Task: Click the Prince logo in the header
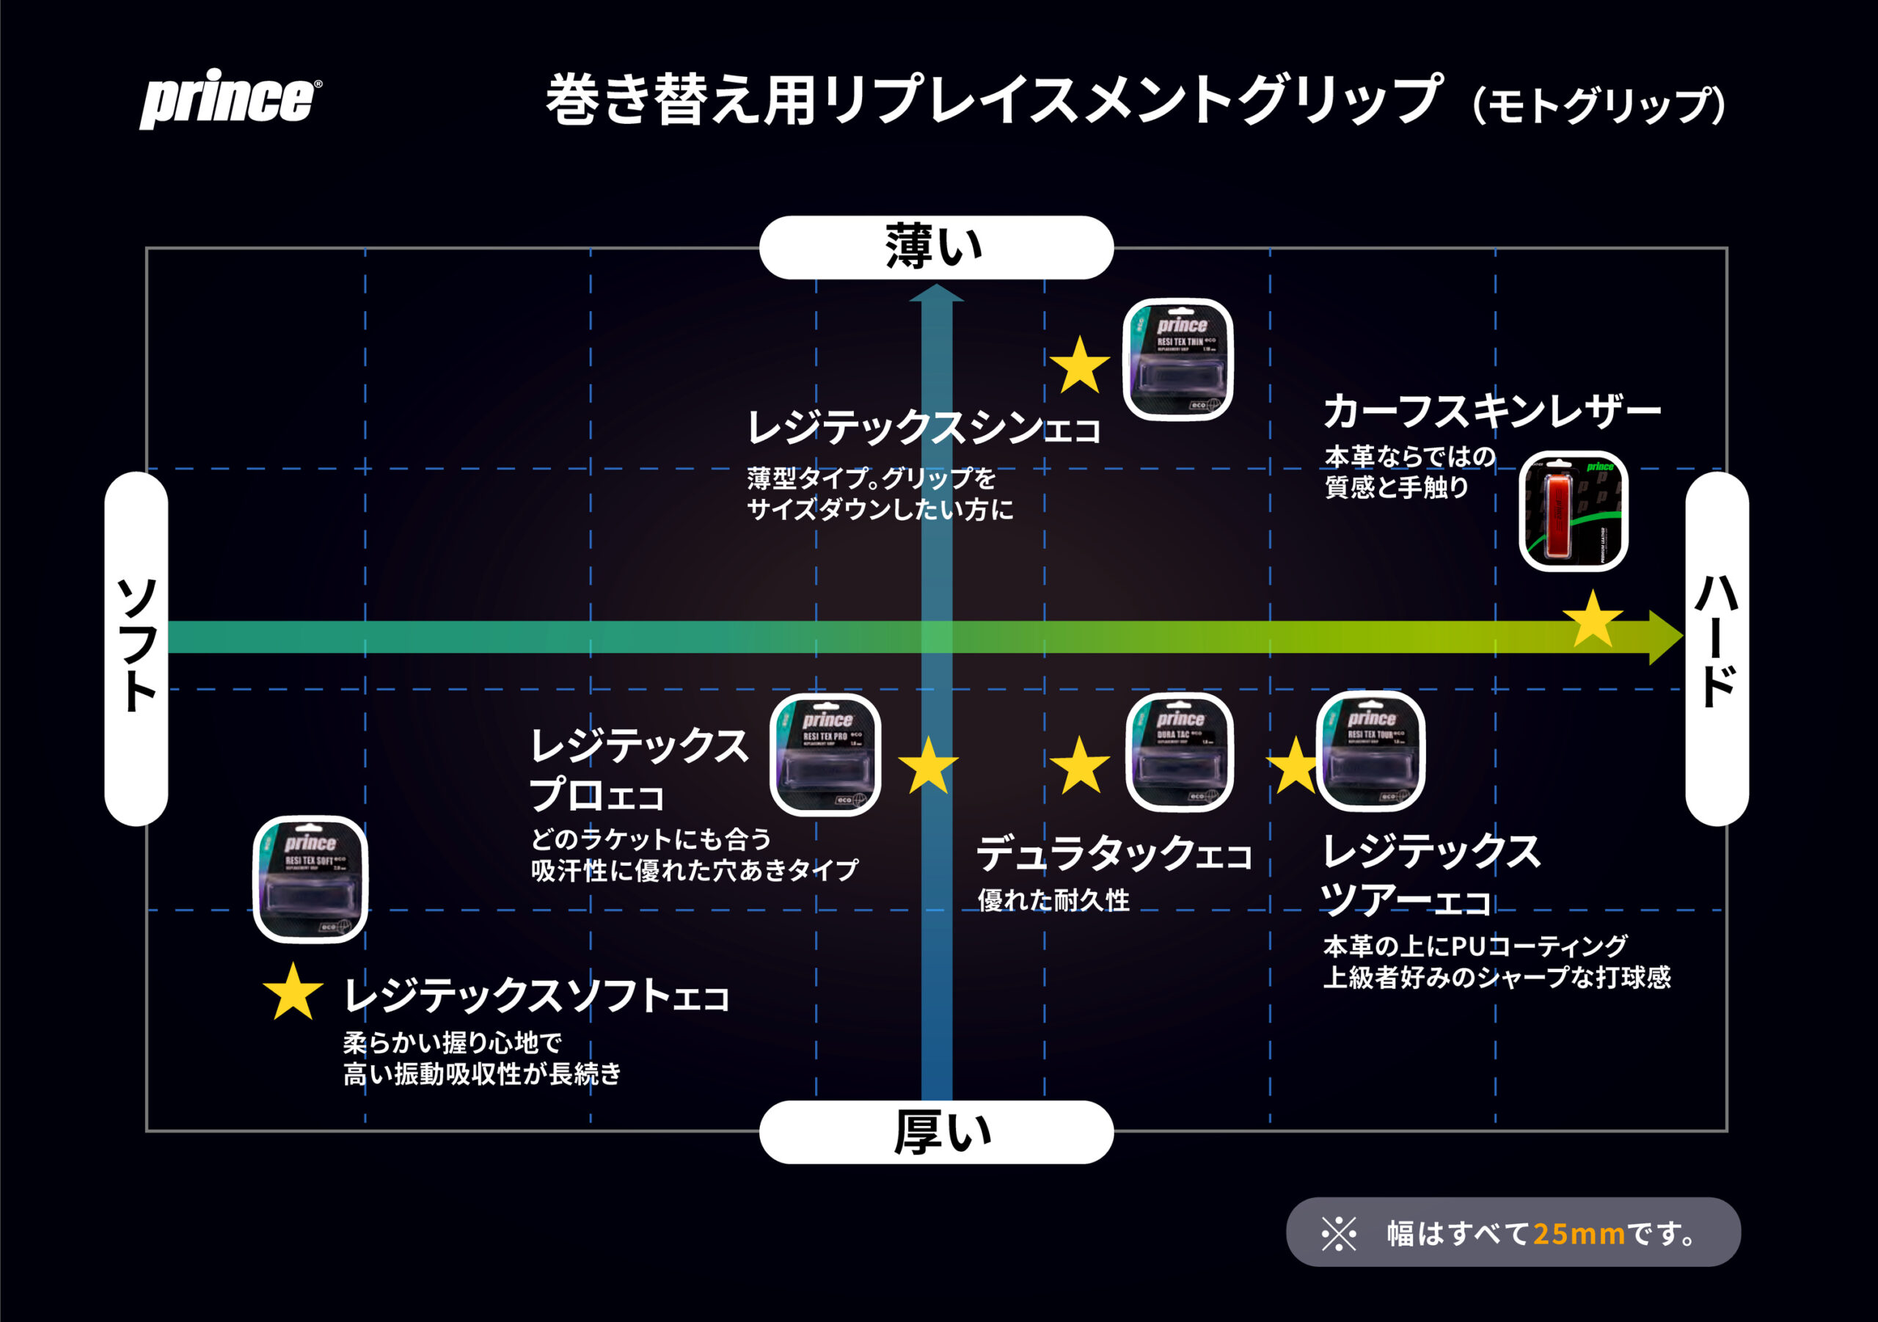230,98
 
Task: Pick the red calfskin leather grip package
1573,511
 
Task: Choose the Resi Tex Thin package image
1178,360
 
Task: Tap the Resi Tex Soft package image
310,880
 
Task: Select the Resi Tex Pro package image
825,754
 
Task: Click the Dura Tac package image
1180,753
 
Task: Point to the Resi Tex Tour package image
1371,751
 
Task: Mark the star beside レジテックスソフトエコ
293,993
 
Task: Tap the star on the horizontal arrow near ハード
1592,620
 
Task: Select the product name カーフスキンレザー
1492,412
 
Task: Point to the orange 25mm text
1578,1232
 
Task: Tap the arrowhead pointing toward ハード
1665,637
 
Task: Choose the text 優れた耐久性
1053,901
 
